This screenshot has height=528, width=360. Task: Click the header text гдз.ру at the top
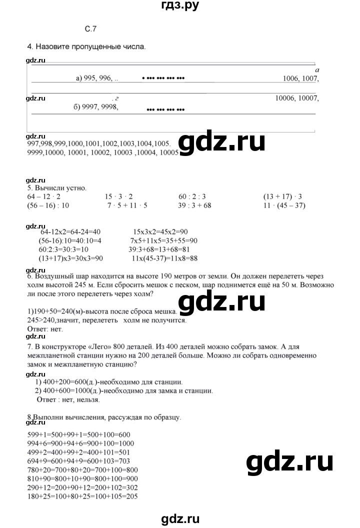(180, 6)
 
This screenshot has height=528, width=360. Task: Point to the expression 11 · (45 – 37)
(284, 205)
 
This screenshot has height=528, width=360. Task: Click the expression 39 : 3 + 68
(202, 205)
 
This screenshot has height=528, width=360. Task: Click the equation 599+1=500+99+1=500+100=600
(79, 435)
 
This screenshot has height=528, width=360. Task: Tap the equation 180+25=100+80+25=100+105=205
(82, 496)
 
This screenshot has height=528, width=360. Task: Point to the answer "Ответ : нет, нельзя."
(69, 400)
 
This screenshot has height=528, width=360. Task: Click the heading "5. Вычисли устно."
(57, 188)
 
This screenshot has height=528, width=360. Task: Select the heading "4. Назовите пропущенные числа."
(86, 47)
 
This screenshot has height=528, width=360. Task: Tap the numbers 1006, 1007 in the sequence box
(300, 78)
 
